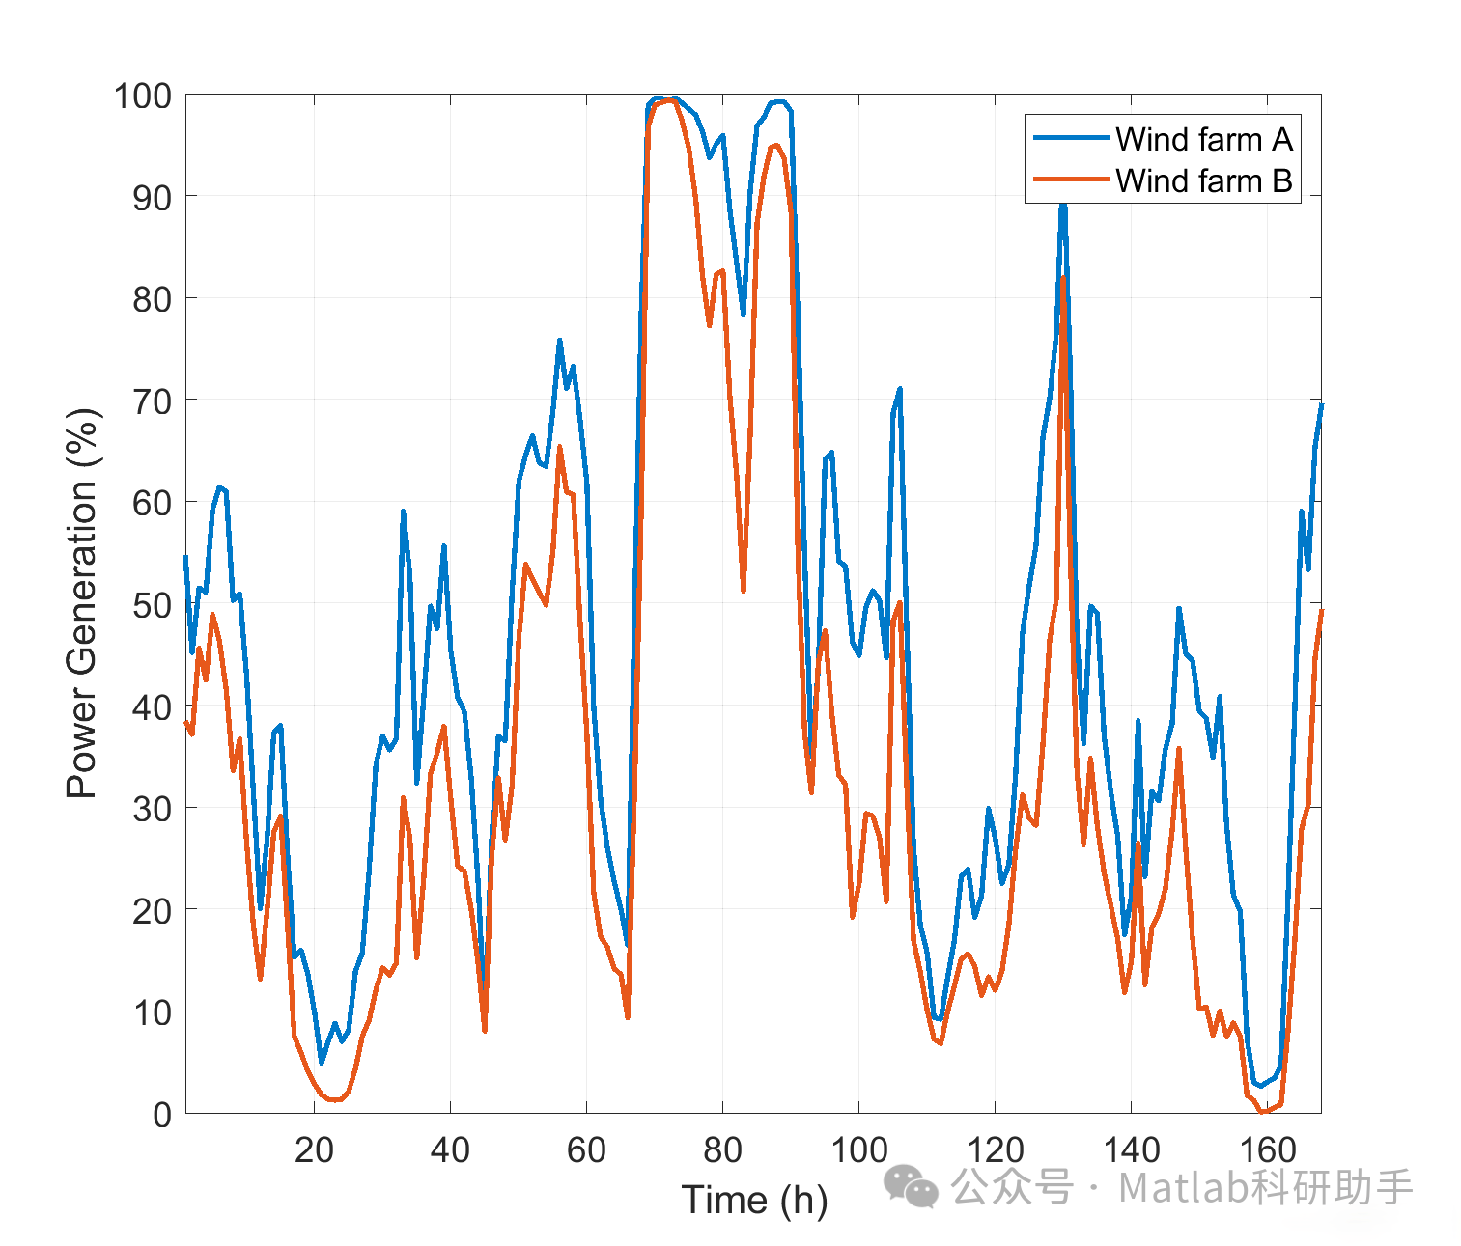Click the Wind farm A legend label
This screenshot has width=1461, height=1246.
coord(1203,140)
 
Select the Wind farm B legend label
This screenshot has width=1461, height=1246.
coord(1203,181)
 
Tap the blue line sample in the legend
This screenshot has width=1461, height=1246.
coord(1070,139)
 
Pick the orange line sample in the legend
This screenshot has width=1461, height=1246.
coord(1070,180)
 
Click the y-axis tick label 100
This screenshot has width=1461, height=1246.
coord(142,97)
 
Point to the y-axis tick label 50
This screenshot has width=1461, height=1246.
coord(152,606)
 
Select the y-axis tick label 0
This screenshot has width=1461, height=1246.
coord(162,1115)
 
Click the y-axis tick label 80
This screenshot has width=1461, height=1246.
coord(152,300)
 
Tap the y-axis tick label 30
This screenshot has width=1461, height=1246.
coord(152,810)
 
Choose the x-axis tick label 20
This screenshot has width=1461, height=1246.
coord(314,1150)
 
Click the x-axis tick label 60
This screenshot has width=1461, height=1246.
coord(586,1150)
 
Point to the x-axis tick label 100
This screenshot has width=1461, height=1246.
coord(858,1150)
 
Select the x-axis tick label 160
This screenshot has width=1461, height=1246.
coord(1267,1150)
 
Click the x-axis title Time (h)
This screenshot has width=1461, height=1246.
coord(754,1200)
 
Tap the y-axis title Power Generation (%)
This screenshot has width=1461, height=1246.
coord(83,604)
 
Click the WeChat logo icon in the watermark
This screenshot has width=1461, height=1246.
coord(911,1186)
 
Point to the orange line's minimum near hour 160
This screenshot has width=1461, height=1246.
coord(1261,1112)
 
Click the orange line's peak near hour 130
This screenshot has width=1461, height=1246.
coord(1063,278)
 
